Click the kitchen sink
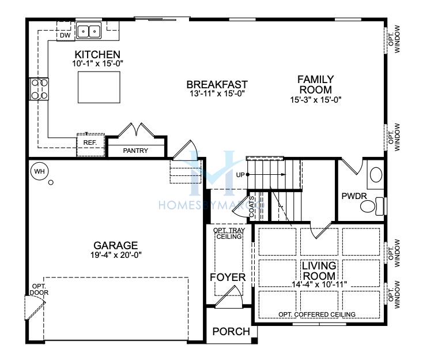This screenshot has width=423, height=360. pos(89,31)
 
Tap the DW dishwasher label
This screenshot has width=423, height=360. pos(65,35)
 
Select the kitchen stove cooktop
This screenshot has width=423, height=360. pos(39,89)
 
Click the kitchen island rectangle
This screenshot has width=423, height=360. pos(99,87)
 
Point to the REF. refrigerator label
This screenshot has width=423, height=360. pos(90,142)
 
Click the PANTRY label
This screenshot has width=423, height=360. pos(135,151)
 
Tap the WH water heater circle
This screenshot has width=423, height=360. pos(39,171)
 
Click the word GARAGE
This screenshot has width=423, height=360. pos(116,246)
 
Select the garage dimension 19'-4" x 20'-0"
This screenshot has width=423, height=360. pos(116,255)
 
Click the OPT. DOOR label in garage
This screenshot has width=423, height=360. pos(39,289)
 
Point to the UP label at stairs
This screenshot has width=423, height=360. pos(240,175)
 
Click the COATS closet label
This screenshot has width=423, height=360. pos(251,207)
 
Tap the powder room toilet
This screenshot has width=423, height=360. pos(372,207)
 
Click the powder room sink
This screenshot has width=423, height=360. pos(376,174)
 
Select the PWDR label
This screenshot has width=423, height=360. pos(354,196)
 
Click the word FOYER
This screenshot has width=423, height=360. pos(228,277)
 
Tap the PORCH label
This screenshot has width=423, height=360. pos(231,331)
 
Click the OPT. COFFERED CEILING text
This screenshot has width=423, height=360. pos(317,314)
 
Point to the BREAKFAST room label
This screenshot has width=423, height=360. pos(217,85)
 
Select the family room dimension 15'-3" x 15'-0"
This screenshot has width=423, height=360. pos(316,100)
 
